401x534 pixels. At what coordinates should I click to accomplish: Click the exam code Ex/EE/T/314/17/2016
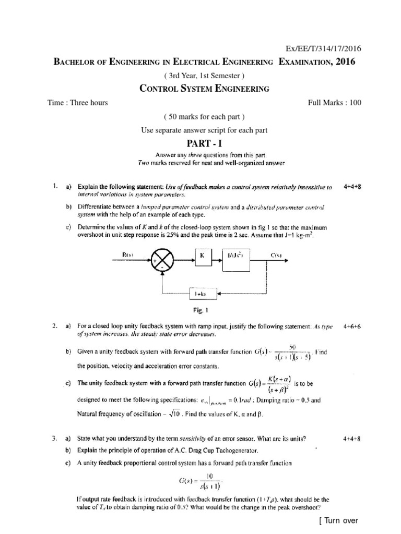(x=322, y=48)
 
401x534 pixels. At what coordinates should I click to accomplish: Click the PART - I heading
(x=200, y=142)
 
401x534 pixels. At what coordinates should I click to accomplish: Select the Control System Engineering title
(x=205, y=89)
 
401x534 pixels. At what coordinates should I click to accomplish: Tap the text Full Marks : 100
(x=335, y=103)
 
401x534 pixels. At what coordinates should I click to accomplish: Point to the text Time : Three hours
(x=77, y=103)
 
